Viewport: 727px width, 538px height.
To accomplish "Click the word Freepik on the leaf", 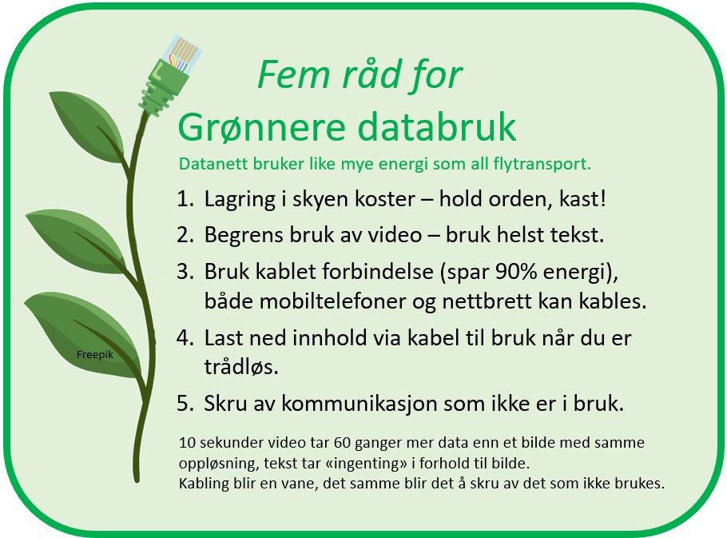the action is coord(94,355).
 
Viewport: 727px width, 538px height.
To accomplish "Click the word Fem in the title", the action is coord(293,74).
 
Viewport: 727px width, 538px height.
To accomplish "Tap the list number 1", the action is coord(185,199).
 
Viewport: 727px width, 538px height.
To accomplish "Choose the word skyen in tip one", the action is coord(320,200).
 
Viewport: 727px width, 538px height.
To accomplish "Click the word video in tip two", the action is coord(395,235).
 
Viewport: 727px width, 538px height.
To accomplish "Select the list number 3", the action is coord(185,271).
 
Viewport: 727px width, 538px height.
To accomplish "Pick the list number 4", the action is coord(185,337).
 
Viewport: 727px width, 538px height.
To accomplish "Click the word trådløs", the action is coord(241,366).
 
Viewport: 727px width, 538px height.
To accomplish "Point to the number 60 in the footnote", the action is coord(342,442).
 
